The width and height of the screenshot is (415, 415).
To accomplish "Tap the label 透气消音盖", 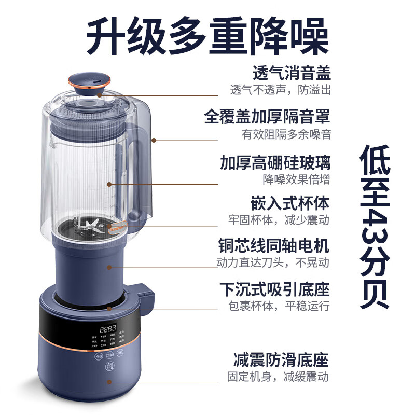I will coord(292,73).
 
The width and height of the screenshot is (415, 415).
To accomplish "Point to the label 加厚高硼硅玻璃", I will coord(275,163).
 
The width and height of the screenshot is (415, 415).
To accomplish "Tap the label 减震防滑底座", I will coord(282,359).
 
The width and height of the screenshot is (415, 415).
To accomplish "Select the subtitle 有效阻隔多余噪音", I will coord(286,134).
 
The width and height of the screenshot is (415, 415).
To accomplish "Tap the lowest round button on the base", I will coord(109,367).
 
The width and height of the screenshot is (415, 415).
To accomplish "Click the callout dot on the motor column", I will coord(109,267).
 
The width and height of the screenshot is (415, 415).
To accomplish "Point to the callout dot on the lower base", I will coord(109,382).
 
